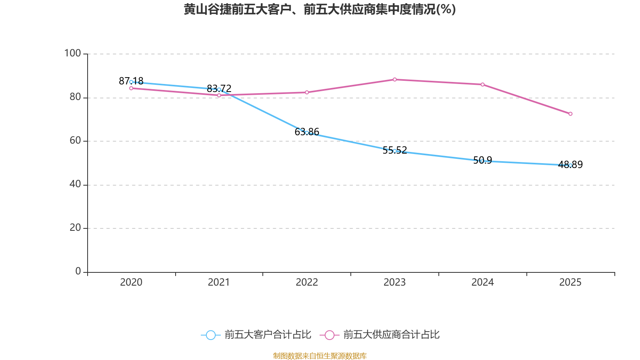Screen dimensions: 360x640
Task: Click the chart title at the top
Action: click(x=320, y=9)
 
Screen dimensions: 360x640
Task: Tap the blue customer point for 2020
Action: click(x=131, y=82)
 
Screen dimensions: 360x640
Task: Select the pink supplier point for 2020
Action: click(x=131, y=88)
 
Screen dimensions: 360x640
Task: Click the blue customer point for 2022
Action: click(x=307, y=132)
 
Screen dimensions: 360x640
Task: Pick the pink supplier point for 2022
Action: click(x=307, y=92)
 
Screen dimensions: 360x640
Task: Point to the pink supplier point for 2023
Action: click(x=395, y=80)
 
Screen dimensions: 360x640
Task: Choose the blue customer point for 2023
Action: click(x=395, y=151)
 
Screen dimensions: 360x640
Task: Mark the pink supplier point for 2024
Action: click(x=482, y=84)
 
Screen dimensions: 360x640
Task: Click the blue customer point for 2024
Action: click(x=482, y=161)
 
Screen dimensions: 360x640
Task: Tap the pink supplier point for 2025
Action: click(x=570, y=114)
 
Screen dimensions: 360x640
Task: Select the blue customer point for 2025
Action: click(x=570, y=165)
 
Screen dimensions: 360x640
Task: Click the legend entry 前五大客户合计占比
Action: click(x=256, y=335)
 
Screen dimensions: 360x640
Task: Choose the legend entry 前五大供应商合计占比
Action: click(x=380, y=335)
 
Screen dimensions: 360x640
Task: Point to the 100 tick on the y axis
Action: click(x=72, y=53)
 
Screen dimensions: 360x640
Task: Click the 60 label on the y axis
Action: click(x=75, y=140)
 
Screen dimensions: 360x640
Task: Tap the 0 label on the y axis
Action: click(x=78, y=271)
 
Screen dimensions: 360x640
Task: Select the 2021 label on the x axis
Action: click(x=219, y=282)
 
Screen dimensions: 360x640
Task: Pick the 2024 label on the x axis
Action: click(x=482, y=282)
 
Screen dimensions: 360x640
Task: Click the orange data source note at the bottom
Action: click(x=320, y=356)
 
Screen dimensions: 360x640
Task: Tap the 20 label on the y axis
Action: click(x=75, y=228)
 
